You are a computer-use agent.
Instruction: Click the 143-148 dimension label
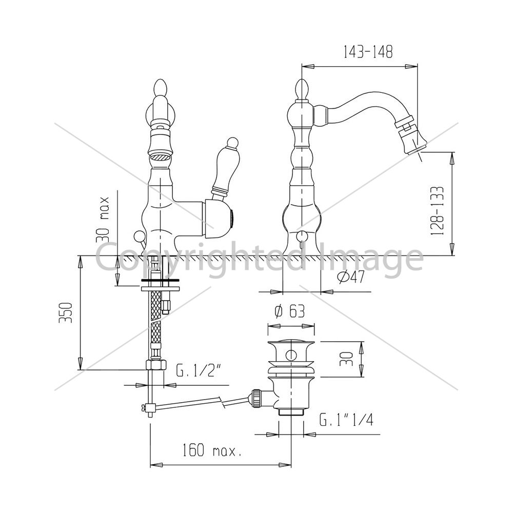tap(368, 52)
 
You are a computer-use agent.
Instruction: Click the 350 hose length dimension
tap(66, 313)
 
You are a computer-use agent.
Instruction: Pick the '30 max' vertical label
tap(103, 220)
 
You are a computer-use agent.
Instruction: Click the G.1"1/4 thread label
tap(346, 420)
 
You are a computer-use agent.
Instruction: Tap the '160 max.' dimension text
tap(212, 450)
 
